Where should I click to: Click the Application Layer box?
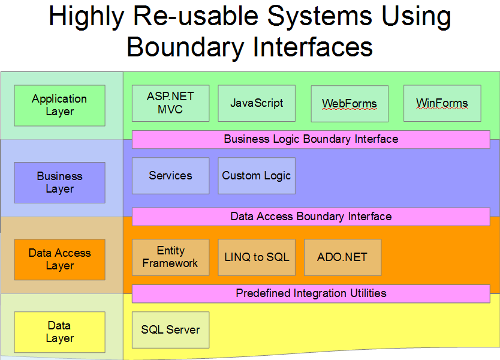tap(59, 105)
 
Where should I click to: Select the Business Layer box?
tap(59, 182)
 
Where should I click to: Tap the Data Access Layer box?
tap(59, 259)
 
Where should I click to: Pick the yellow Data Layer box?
tap(59, 332)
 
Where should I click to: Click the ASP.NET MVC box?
tap(170, 103)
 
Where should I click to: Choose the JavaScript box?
tap(257, 103)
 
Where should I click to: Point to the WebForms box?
tap(350, 103)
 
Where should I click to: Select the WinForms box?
tap(442, 103)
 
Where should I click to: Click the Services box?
tap(170, 176)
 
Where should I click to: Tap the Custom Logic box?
tap(257, 176)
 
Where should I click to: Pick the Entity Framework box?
tap(170, 257)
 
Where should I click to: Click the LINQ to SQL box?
tap(257, 257)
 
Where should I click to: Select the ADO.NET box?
tap(342, 257)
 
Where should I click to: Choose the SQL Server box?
tap(170, 330)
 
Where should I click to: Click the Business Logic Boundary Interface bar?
tap(311, 139)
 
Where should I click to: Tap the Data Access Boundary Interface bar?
tap(311, 217)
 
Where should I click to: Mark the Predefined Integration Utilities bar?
tap(311, 293)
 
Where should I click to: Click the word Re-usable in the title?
tap(194, 17)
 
